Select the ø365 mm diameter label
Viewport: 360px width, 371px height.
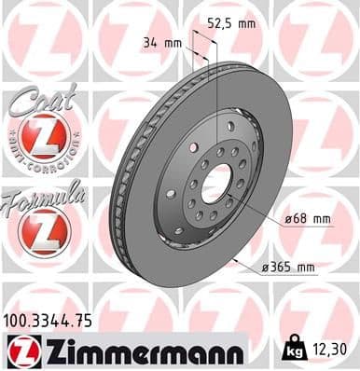click(288, 268)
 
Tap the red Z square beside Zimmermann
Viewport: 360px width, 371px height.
click(20, 350)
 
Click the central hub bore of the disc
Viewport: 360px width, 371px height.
click(214, 183)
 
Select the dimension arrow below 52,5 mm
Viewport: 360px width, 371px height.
click(205, 48)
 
